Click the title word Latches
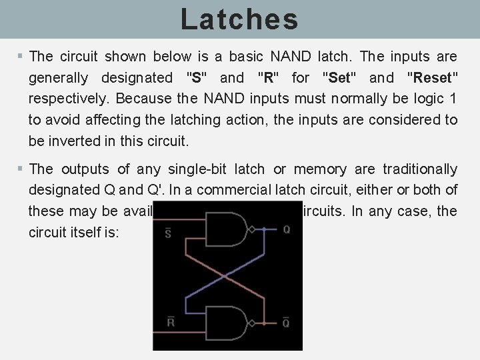click(x=239, y=19)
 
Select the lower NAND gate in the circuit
click(x=225, y=323)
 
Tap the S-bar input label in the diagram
click(x=169, y=232)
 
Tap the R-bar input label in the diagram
click(x=170, y=323)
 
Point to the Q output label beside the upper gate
click(x=287, y=230)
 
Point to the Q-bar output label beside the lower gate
click(x=287, y=323)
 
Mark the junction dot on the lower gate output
click(x=265, y=323)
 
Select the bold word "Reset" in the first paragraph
click(x=432, y=78)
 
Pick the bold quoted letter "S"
click(x=196, y=78)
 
